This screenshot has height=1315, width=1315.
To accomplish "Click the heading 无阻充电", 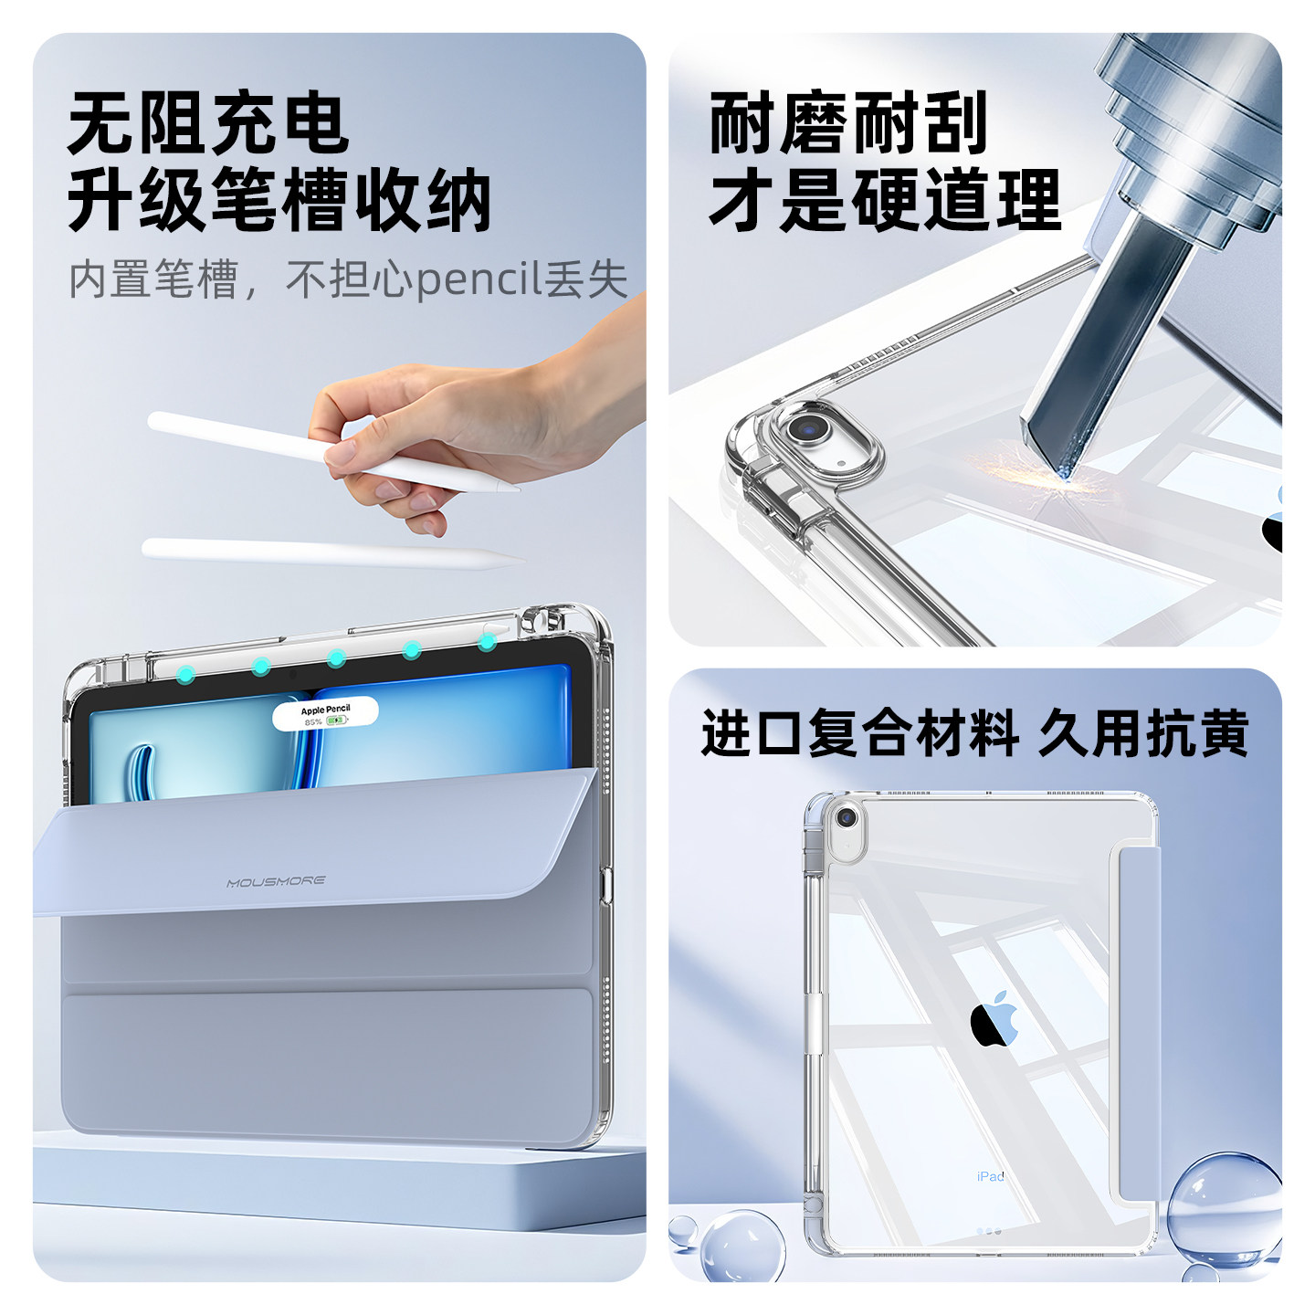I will [208, 124].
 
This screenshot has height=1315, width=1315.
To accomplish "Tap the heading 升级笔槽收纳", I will [279, 201].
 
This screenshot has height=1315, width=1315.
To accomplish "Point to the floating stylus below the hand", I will [329, 552].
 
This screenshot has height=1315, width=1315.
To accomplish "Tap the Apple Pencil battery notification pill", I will [325, 714].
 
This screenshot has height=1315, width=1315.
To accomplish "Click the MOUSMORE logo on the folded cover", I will [276, 882].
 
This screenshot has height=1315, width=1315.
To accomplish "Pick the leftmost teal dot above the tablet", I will [185, 675].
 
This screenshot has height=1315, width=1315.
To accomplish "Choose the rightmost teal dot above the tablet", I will [488, 643].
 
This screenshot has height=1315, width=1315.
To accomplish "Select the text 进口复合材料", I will [859, 733].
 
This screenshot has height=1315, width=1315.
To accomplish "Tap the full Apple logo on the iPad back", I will [994, 1018].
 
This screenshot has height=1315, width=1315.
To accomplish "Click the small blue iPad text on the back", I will [990, 1176].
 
